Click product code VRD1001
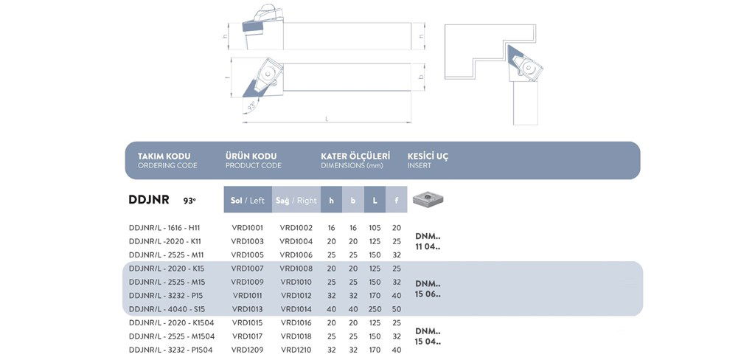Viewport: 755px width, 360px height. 247,228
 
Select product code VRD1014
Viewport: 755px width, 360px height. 296,309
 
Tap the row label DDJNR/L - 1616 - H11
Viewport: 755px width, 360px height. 164,228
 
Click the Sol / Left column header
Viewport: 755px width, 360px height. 248,200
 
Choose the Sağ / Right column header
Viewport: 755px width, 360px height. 296,200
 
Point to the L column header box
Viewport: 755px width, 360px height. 375,200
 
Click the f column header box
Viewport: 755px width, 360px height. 396,200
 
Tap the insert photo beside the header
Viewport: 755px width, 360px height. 428,198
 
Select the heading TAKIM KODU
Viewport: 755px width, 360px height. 164,156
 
